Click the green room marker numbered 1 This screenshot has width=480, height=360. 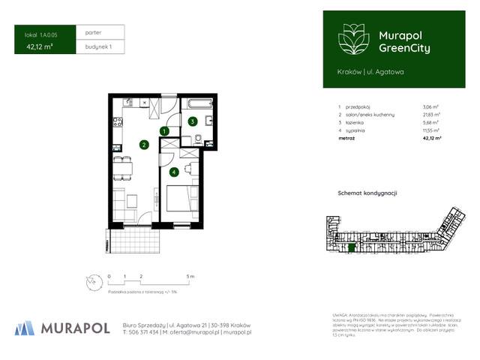click(163, 131)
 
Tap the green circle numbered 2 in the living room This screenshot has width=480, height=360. click(142, 145)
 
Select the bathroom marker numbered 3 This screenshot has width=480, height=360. click(193, 121)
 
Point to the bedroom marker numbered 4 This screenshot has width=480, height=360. click(174, 172)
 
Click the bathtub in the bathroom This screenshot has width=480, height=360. click(201, 104)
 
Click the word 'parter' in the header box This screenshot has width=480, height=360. click(94, 33)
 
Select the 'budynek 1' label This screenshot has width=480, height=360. click(94, 46)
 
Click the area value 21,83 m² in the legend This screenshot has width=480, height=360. click(431, 115)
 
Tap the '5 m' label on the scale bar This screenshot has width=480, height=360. click(190, 277)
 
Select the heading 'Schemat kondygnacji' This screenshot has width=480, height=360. click(367, 193)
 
